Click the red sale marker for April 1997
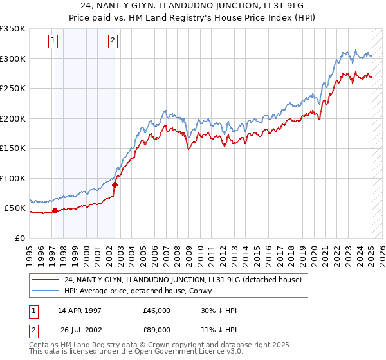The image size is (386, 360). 55,210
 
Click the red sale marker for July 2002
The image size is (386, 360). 115,184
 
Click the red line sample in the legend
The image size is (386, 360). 46,279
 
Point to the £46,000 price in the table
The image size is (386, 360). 157,310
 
